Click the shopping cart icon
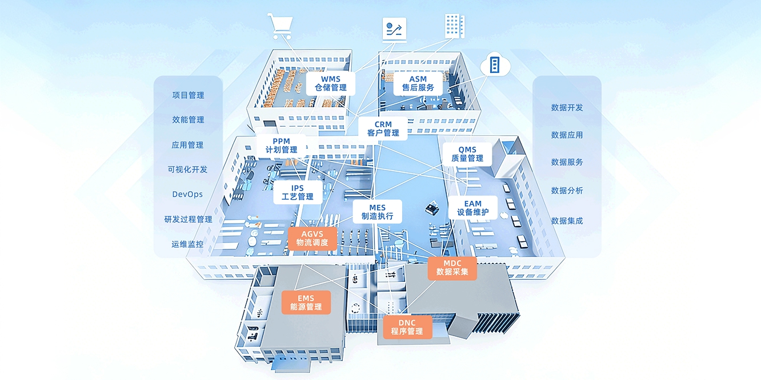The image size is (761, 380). [x=280, y=26]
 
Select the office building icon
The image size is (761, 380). [x=454, y=26]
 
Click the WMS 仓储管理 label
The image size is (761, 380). [x=330, y=83]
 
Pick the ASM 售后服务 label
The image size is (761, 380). [x=418, y=83]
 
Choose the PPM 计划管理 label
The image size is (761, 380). [x=281, y=145]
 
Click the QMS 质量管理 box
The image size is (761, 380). [x=467, y=154]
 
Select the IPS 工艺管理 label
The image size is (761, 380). [x=297, y=192]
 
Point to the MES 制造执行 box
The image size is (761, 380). [x=377, y=212]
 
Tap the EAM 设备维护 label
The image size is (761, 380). [x=472, y=208]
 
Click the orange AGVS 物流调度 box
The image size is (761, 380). [x=312, y=238]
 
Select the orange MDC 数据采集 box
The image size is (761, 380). [x=452, y=268]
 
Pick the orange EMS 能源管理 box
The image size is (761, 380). [x=306, y=302]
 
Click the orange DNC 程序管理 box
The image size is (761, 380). [x=407, y=327]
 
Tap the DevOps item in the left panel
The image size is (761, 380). [x=187, y=194]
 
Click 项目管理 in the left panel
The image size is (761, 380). [x=188, y=95]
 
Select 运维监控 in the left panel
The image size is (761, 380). [x=187, y=244]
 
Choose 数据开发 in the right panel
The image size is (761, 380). [x=567, y=107]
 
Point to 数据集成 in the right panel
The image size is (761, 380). [x=567, y=220]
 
